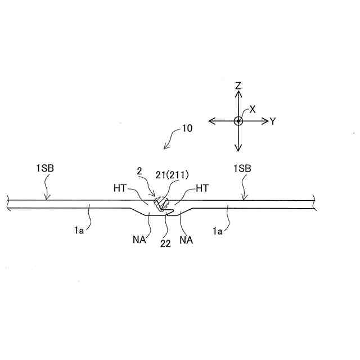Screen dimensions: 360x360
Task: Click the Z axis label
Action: [238, 86]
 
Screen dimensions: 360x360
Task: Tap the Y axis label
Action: [272, 121]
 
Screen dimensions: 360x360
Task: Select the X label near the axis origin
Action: [253, 109]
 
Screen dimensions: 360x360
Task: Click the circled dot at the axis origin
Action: [238, 121]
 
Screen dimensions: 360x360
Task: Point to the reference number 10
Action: [187, 128]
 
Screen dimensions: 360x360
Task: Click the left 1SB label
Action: [45, 168]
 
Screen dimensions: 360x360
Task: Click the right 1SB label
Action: [242, 168]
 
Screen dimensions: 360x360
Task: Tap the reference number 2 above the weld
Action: [139, 169]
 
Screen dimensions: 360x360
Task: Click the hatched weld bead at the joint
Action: [163, 204]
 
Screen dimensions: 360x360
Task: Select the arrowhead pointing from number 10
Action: [165, 148]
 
